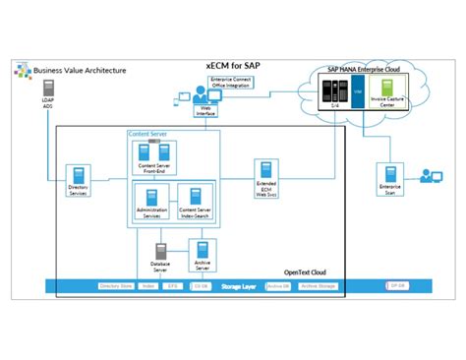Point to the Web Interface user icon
click(x=184, y=97)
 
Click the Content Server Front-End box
click(x=152, y=158)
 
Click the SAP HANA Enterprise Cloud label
click(x=370, y=71)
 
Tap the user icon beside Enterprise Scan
click(x=430, y=176)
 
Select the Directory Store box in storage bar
click(x=115, y=286)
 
